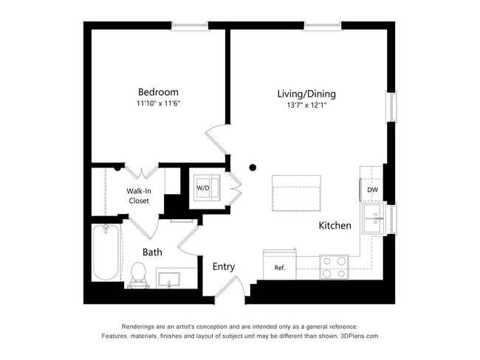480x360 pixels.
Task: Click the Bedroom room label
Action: click(158, 92)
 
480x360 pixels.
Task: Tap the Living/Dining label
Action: click(306, 94)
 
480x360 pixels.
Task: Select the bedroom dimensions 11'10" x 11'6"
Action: click(158, 105)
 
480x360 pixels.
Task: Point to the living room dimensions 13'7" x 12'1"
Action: click(306, 105)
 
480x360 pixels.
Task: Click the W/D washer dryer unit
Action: click(202, 188)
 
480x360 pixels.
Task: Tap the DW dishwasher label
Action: click(372, 190)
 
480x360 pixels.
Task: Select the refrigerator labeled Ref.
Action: click(280, 266)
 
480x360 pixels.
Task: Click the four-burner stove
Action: click(334, 267)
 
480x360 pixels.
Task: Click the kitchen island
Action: click(296, 193)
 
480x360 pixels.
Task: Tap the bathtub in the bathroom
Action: click(106, 253)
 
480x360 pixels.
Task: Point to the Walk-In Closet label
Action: click(138, 196)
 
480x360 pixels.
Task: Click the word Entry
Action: click(224, 266)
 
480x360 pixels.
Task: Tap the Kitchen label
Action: click(335, 226)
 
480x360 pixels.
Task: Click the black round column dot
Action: click(253, 167)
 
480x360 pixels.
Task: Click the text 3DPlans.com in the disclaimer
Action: click(360, 336)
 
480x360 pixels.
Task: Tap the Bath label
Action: click(152, 252)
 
